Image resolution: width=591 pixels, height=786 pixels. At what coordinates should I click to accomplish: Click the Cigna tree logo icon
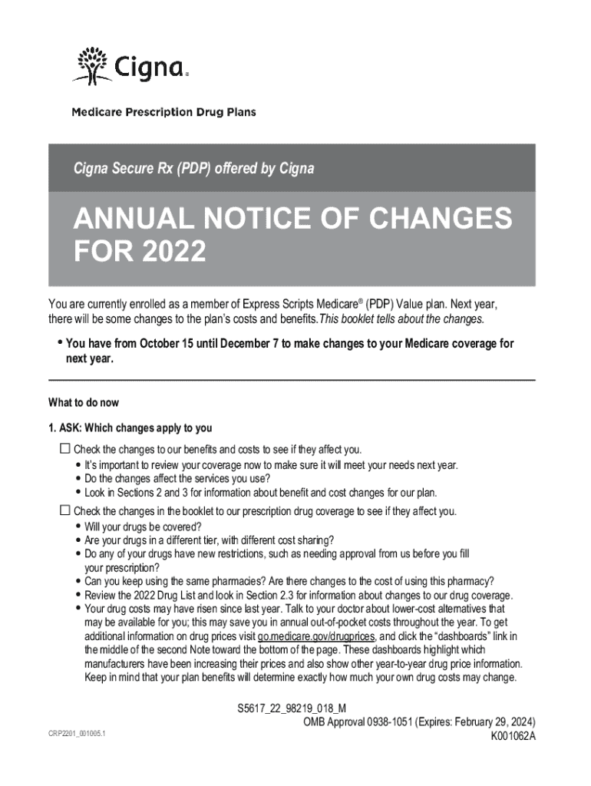point(91,64)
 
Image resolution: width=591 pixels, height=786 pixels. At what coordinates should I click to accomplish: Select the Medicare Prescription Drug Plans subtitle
point(163,112)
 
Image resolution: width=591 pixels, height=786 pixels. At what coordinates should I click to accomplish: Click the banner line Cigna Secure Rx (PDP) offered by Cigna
point(193,168)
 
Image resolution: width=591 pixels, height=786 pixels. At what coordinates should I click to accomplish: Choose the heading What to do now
point(84,403)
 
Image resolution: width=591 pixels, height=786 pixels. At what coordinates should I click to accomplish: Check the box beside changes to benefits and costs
point(64,448)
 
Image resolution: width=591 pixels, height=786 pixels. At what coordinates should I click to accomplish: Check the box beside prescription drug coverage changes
point(64,510)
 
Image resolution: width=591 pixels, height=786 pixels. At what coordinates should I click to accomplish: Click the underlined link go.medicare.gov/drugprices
point(316,637)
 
